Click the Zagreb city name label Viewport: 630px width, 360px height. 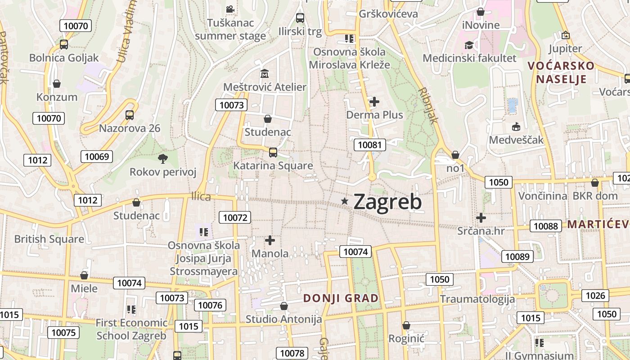[x=387, y=202]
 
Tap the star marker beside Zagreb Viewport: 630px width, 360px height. [x=345, y=201]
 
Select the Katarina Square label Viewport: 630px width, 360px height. [x=273, y=166]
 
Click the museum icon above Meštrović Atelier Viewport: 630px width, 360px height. [x=265, y=73]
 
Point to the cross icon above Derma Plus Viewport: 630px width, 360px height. [x=374, y=102]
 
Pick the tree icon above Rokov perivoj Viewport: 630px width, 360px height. [x=162, y=158]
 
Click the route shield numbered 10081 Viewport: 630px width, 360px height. [x=370, y=144]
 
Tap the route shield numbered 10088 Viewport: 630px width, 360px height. [x=546, y=226]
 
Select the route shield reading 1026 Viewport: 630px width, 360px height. [x=595, y=296]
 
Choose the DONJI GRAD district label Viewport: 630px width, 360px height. [x=341, y=298]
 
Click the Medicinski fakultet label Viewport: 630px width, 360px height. [x=469, y=58]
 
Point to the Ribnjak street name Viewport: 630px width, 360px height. [x=427, y=105]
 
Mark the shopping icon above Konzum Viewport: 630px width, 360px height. [x=57, y=84]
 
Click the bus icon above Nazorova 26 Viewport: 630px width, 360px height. [x=130, y=115]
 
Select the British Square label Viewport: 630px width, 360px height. [x=49, y=239]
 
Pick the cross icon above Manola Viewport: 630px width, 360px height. [x=270, y=240]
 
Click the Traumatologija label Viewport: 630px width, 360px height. [x=477, y=299]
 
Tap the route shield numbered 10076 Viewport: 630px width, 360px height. [x=210, y=305]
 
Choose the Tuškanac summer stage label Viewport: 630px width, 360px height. [x=230, y=29]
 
